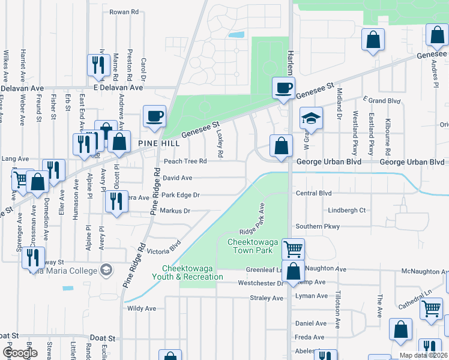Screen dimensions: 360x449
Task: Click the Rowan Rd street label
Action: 124,11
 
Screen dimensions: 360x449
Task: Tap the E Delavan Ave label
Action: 119,87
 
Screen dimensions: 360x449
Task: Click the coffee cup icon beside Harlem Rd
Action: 284,88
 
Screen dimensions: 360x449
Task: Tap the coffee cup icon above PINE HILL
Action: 154,116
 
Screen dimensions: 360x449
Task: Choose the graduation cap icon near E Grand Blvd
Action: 312,119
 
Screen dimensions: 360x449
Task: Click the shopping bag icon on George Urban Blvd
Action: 281,146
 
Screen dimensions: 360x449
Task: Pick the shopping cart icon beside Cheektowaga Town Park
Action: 293,248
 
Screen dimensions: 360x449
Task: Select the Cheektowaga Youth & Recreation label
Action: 192,272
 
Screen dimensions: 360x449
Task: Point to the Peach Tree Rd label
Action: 185,161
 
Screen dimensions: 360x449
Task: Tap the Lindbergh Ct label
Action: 346,211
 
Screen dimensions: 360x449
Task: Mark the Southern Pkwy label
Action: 318,227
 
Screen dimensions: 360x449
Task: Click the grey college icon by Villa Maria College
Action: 107,269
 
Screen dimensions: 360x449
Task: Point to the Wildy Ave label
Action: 142,308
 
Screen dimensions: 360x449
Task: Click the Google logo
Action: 20,353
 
